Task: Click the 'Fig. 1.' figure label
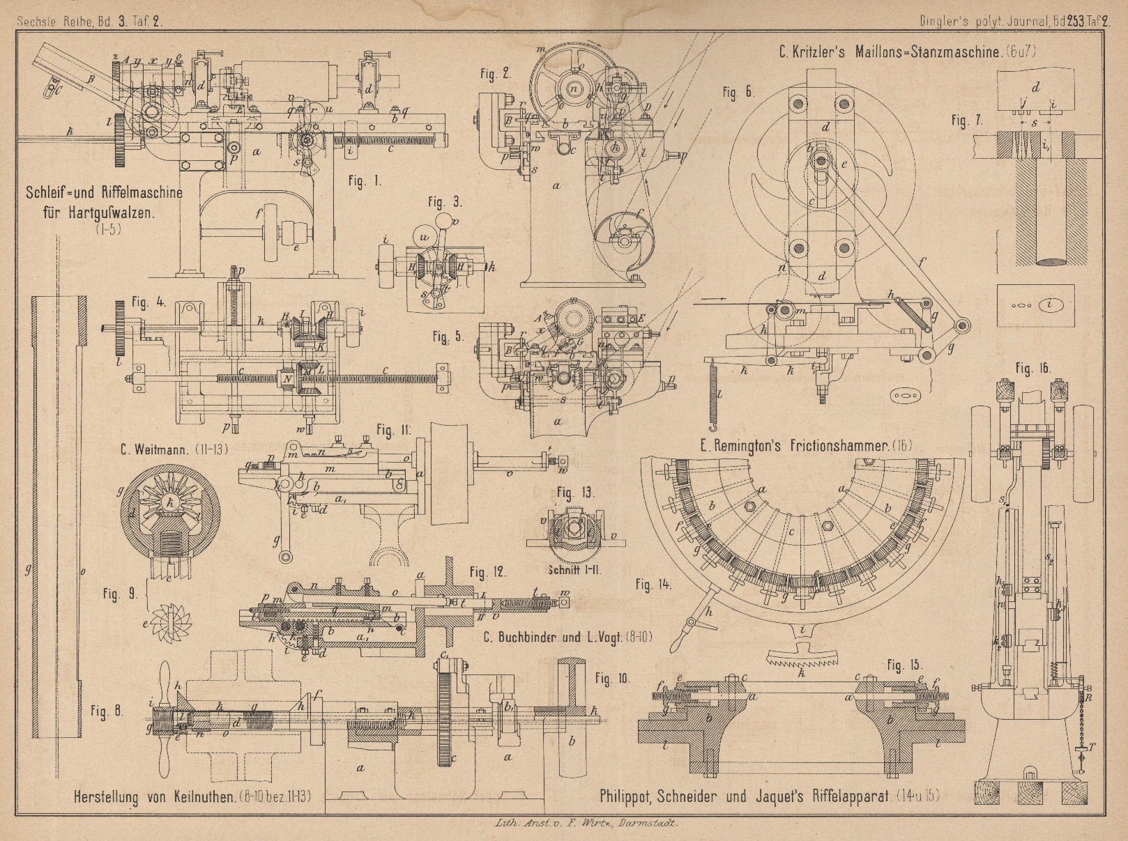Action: [x=365, y=182]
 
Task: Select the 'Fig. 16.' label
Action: [x=1032, y=368]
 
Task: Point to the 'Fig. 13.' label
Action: [x=576, y=493]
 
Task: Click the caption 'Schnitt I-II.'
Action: [x=575, y=569]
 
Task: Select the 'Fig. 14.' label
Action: [x=655, y=585]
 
